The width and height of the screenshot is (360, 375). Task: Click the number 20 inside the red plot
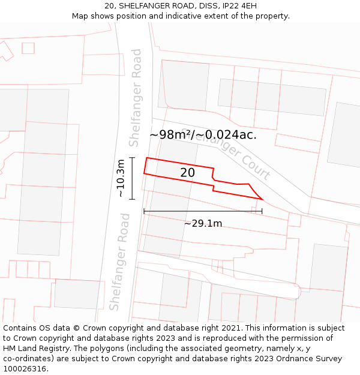click(187, 173)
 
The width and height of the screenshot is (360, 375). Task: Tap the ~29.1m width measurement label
click(203, 224)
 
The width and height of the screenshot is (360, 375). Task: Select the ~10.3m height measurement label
click(121, 178)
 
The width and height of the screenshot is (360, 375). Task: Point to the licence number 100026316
click(25, 368)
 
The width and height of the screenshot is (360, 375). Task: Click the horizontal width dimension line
click(203, 211)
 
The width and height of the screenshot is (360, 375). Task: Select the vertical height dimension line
click(133, 178)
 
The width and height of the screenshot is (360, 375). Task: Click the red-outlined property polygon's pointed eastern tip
click(262, 198)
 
